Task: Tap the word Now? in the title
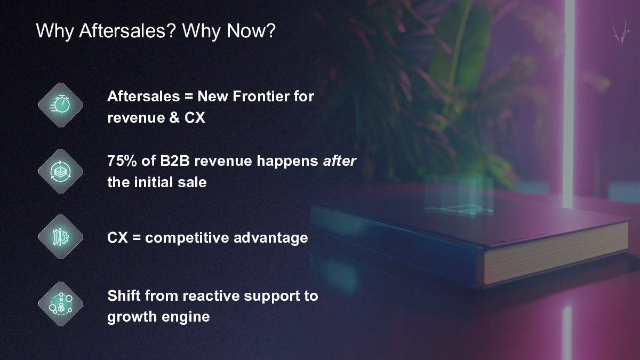click(251, 30)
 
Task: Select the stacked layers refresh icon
click(61, 171)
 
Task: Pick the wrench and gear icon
click(61, 237)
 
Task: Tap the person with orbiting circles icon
click(61, 303)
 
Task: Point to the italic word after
click(339, 161)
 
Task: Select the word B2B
click(175, 161)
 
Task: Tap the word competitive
click(187, 238)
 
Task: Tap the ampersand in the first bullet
click(174, 118)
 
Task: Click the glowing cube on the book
click(459, 194)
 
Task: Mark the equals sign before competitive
click(137, 238)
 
